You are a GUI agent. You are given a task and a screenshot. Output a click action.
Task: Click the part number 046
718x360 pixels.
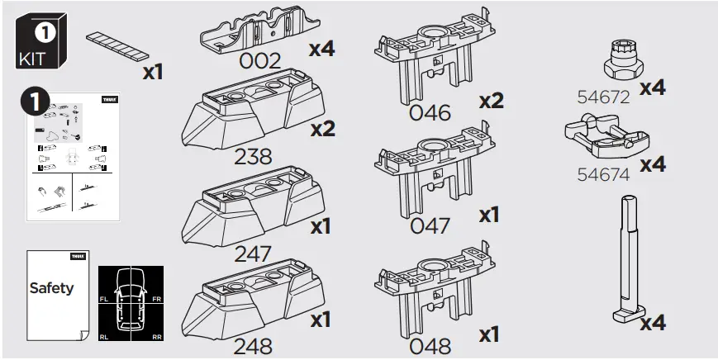point(430,113)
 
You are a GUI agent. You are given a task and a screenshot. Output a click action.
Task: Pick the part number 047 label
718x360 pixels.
point(430,225)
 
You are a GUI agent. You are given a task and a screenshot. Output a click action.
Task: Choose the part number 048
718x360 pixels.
point(430,344)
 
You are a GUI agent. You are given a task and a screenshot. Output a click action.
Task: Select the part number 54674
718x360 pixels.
point(603,174)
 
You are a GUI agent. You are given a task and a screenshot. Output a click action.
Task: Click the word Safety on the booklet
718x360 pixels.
point(51,288)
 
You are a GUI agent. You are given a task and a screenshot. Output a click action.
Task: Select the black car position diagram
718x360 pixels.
point(131,305)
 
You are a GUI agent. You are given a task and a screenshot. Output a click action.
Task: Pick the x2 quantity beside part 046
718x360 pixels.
point(491,101)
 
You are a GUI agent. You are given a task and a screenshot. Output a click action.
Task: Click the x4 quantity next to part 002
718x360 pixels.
point(321,49)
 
